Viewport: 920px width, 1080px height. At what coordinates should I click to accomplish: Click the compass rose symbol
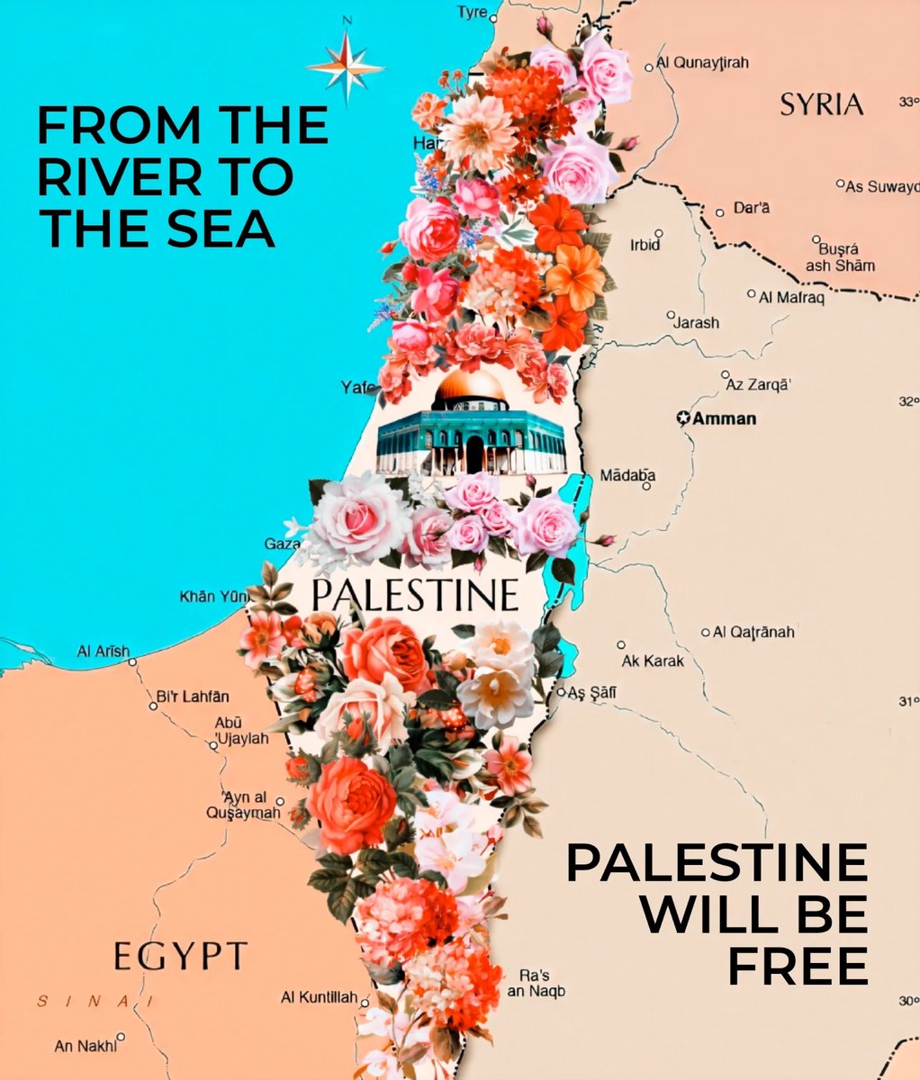coord(346,67)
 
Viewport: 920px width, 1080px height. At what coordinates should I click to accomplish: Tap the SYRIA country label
coord(821,104)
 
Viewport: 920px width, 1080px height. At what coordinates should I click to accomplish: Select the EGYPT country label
coord(180,955)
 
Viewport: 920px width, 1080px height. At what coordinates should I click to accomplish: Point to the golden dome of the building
coord(471,388)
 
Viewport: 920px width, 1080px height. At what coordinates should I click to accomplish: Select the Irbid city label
coord(645,245)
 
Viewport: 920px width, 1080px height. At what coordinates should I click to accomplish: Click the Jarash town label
coord(698,322)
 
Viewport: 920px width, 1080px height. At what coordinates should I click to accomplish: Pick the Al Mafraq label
coord(791,295)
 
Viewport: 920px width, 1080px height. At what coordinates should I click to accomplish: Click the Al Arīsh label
coord(104,651)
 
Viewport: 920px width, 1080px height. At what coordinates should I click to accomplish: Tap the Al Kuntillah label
coord(320,997)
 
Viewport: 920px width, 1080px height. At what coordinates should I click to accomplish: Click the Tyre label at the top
coord(473,13)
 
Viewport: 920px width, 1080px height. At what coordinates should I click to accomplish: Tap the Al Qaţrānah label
coord(753,632)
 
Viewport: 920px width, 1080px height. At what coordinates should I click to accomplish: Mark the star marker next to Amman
coord(683,418)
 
